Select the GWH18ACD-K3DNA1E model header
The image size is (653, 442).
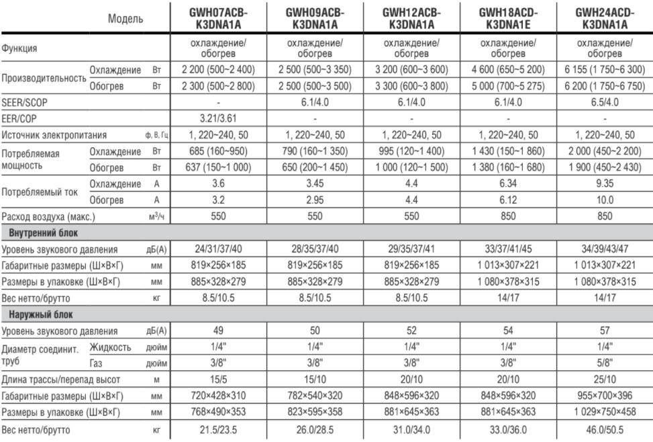tap(507, 19)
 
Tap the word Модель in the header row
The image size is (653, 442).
tap(126, 20)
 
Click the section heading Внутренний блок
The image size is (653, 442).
tap(43, 233)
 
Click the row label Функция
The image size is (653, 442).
tap(19, 49)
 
